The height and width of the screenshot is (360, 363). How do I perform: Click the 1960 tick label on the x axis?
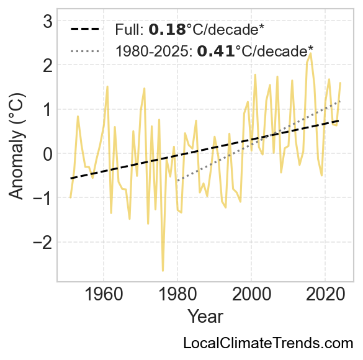pyautogui.click(x=104, y=294)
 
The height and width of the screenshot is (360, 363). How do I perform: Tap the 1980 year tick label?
pyautogui.click(x=178, y=294)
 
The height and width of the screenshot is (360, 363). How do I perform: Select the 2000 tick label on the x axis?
pyautogui.click(x=251, y=294)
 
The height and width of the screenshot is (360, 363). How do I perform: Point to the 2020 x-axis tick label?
pyautogui.click(x=325, y=294)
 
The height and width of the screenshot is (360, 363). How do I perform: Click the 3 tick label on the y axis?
pyautogui.click(x=48, y=22)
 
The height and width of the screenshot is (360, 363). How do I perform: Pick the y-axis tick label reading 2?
pyautogui.click(x=48, y=66)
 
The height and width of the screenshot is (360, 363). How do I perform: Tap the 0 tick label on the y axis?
pyautogui.click(x=48, y=155)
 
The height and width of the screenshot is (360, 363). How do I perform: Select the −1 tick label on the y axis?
pyautogui.click(x=43, y=199)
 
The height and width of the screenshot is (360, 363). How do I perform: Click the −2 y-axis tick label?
pyautogui.click(x=43, y=243)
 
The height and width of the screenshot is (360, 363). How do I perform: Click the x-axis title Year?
pyautogui.click(x=205, y=317)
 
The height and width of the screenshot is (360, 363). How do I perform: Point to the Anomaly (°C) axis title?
pyautogui.click(x=16, y=146)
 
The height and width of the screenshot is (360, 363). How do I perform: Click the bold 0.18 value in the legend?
pyautogui.click(x=167, y=30)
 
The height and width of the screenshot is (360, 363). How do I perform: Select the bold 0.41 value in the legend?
pyautogui.click(x=216, y=51)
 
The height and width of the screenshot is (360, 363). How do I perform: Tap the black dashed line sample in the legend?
pyautogui.click(x=86, y=29)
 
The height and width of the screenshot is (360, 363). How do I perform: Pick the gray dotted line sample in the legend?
pyautogui.click(x=86, y=51)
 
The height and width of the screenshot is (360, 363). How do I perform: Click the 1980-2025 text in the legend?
pyautogui.click(x=154, y=51)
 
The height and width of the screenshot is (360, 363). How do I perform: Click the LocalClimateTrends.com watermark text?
pyautogui.click(x=268, y=343)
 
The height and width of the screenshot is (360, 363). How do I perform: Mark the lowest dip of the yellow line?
pyautogui.click(x=163, y=271)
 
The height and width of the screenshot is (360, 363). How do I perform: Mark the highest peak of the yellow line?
pyautogui.click(x=311, y=54)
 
